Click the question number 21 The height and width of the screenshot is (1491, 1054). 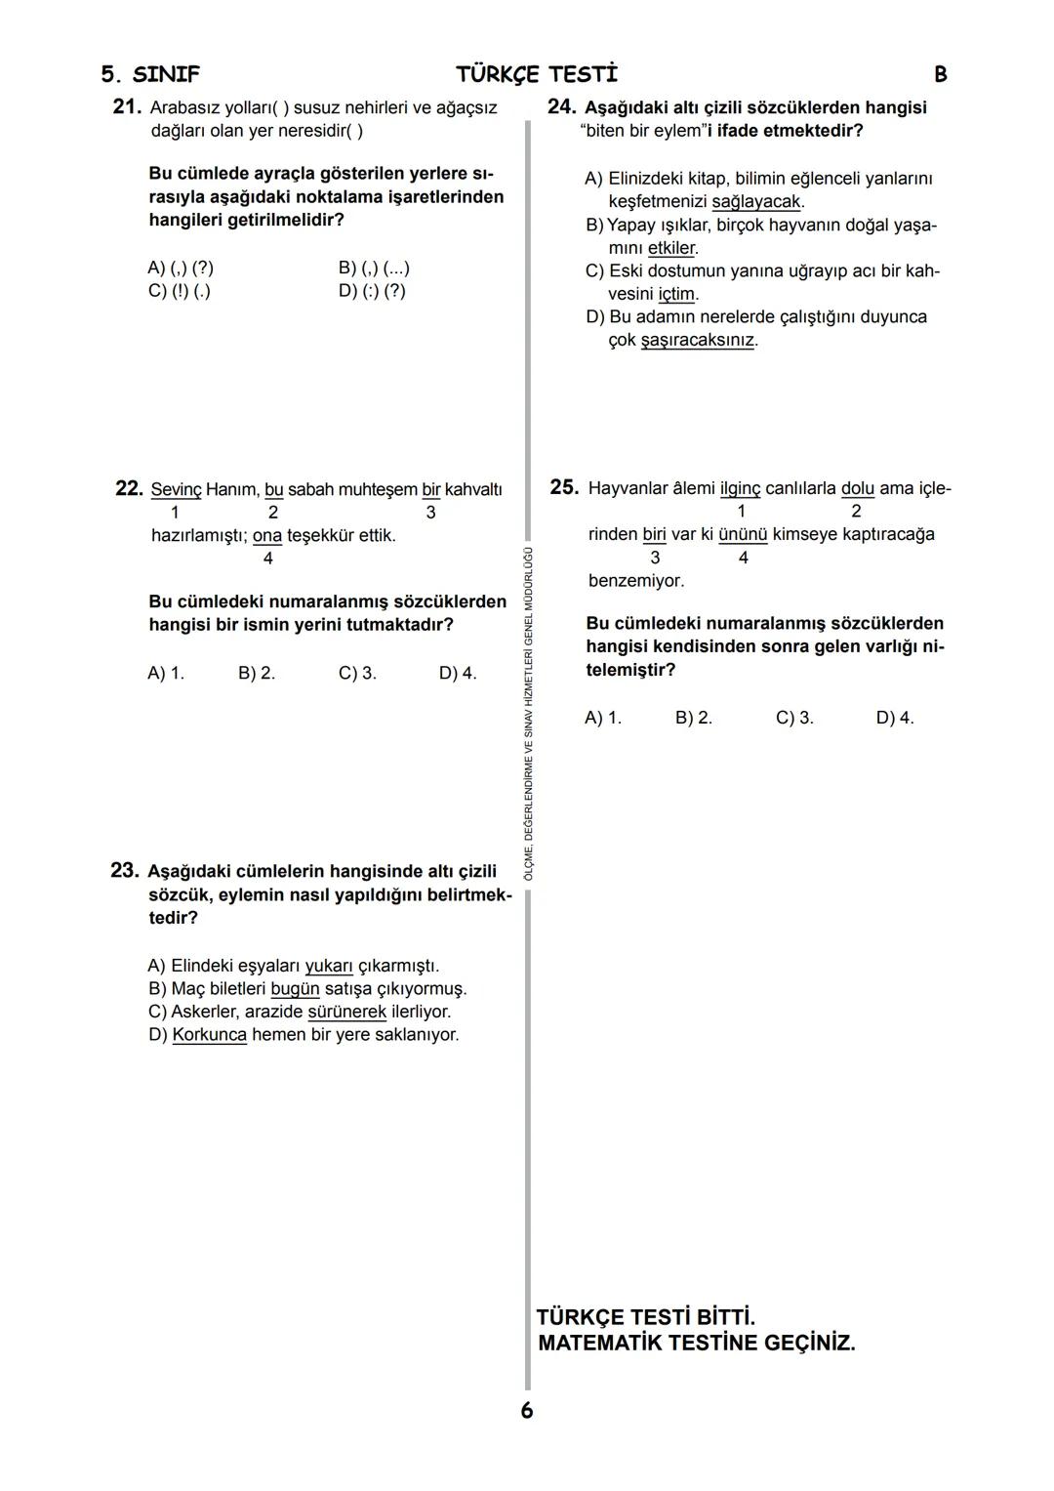pos(128,107)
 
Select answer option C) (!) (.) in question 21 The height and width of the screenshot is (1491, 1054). pos(179,291)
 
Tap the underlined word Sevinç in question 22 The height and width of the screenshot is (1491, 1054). pos(176,489)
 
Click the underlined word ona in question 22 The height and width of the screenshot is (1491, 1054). pos(266,536)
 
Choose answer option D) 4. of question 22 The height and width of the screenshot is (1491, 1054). pos(458,673)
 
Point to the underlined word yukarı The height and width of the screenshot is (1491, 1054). pos(328,966)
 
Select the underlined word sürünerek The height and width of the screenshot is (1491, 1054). pos(346,1013)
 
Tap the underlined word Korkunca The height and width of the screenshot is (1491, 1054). pos(209,1035)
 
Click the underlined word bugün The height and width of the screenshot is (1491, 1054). pos(295,989)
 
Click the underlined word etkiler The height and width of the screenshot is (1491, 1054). pos(670,248)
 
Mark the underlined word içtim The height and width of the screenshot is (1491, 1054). pos(676,294)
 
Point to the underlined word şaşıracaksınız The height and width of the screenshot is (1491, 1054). pos(697,340)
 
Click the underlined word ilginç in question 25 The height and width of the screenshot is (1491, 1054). pos(739,488)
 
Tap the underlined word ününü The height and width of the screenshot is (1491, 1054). pos(743,534)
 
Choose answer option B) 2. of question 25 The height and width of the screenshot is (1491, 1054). pos(693,718)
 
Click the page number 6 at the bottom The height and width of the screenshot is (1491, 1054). pos(527,1410)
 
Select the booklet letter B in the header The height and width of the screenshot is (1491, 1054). pos(940,74)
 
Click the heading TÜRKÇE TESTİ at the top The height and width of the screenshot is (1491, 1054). pos(537,74)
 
